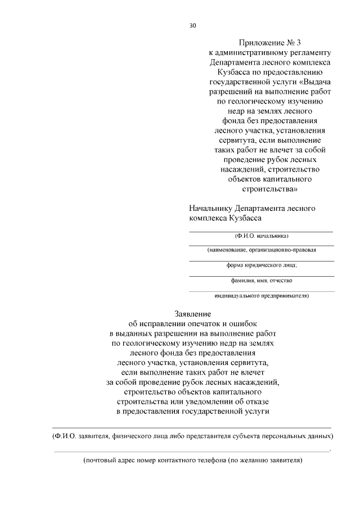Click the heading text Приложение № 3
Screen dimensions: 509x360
[x=262, y=42]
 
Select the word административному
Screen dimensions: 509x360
[x=246, y=52]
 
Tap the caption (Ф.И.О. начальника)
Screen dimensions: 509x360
[x=262, y=236]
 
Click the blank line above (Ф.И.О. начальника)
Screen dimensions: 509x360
[x=262, y=231]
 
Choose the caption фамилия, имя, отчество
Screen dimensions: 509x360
[x=262, y=280]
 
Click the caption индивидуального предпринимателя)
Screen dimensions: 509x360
[x=262, y=295]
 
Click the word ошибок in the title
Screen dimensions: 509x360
[x=245, y=323]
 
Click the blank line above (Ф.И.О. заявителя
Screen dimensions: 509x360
[x=191, y=428]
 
